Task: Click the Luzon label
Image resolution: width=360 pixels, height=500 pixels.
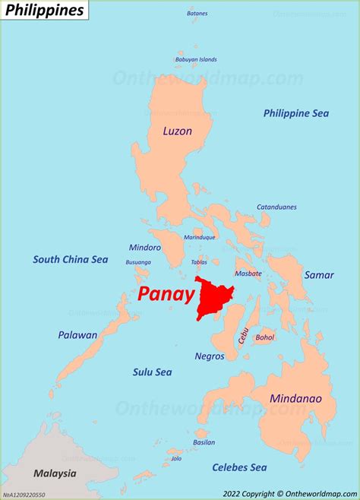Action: [177, 131]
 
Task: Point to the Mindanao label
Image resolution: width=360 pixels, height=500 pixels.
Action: [295, 398]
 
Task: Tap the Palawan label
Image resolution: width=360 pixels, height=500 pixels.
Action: [77, 334]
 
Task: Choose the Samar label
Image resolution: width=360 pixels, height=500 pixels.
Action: [319, 275]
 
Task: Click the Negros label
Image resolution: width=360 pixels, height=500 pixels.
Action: [209, 356]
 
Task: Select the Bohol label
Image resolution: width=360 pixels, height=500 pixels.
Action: [265, 337]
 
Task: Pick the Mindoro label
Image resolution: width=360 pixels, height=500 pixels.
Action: [146, 248]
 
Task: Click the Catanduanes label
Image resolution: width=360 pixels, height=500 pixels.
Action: [276, 207]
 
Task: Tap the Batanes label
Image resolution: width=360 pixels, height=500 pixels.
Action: [197, 14]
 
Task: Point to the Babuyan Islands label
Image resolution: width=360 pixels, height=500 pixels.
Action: [196, 59]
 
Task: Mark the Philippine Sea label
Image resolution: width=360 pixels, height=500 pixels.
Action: [296, 113]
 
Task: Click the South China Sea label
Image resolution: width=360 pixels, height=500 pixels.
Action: [70, 259]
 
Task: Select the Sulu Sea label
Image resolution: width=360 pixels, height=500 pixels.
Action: [152, 372]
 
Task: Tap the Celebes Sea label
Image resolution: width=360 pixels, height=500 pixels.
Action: [239, 467]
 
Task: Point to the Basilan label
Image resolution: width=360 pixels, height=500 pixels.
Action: [204, 441]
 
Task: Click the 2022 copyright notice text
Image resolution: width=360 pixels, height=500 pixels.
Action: [289, 492]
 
